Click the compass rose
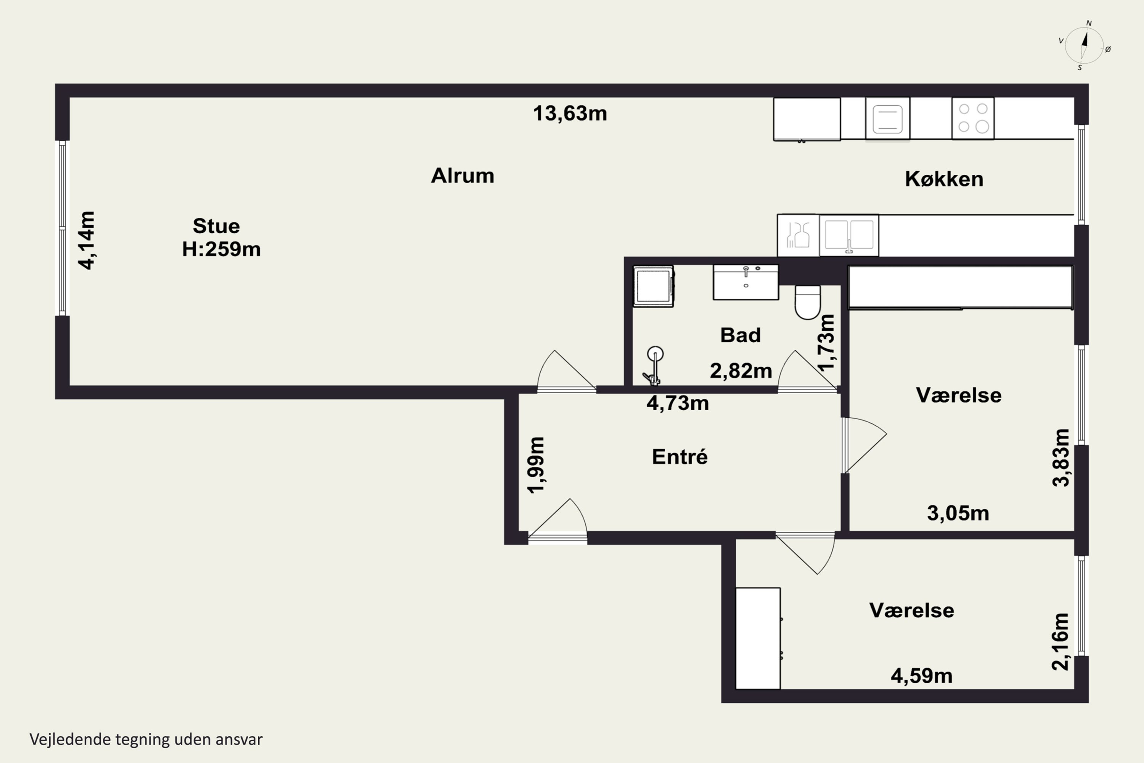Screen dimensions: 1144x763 1084,45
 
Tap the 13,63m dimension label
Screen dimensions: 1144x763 570,113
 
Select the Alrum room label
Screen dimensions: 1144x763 463,175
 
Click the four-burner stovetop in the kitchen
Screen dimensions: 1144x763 973,118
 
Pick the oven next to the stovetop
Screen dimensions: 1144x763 888,119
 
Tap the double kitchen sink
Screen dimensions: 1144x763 849,235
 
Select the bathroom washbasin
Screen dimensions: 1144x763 746,282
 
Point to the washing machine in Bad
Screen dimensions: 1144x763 653,286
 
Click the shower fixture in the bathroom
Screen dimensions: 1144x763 654,366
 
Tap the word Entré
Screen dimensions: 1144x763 680,456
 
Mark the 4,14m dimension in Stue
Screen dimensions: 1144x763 87,240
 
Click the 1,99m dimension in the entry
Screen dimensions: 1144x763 537,465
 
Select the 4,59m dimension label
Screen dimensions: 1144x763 921,676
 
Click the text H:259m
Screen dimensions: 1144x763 221,249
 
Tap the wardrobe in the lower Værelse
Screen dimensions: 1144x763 758,638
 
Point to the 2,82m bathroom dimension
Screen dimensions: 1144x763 741,371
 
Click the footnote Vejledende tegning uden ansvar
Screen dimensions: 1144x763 146,739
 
